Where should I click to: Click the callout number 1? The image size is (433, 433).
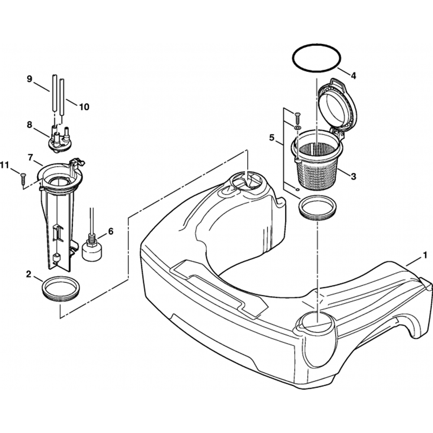pos(426,256)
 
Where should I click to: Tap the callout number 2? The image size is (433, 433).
pos(29,275)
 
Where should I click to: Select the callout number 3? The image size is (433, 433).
pos(353,177)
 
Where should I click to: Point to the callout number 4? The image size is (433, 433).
pos(353,75)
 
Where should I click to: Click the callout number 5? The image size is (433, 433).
pos(272,137)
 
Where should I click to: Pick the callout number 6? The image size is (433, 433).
pos(110,231)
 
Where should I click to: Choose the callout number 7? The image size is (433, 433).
pos(30,158)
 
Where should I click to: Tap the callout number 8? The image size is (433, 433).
pos(29,125)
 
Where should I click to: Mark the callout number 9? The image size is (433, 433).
pos(29,79)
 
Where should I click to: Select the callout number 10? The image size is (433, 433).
pos(84,107)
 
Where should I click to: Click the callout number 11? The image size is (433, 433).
pos(5,165)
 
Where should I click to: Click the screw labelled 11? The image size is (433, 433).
pos(23,179)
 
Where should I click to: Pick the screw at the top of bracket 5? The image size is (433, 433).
pos(297,118)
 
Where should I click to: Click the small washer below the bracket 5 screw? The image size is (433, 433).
pos(297,128)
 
